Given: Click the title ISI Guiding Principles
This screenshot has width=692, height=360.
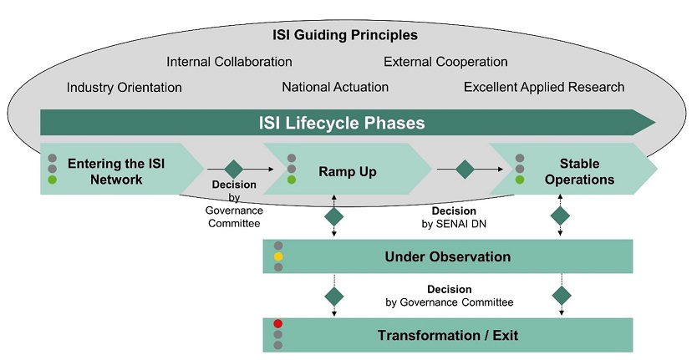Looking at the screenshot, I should (344, 35).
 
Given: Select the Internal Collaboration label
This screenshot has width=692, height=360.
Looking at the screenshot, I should (229, 62).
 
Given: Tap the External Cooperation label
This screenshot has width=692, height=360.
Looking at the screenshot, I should (445, 62).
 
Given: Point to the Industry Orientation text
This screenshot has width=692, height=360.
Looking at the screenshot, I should (124, 87).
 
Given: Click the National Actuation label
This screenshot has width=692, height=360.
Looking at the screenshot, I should (335, 87).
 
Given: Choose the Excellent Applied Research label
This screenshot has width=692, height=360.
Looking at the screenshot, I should (544, 87).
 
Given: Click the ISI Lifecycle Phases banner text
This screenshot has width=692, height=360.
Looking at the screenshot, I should (341, 123).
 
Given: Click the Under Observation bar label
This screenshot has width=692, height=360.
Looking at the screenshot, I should (447, 256).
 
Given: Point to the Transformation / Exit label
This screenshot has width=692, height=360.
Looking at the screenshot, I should (447, 336).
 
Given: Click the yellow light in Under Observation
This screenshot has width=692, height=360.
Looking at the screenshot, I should (278, 256).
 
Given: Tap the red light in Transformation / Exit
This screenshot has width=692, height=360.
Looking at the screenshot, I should (278, 324).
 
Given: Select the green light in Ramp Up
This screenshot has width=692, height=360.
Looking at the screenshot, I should (292, 179).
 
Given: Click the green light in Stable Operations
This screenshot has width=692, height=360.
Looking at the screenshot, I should (520, 179).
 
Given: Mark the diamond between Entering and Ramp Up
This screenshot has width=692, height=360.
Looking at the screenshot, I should (233, 169).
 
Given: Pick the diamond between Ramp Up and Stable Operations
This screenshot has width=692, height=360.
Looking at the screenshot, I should (465, 169).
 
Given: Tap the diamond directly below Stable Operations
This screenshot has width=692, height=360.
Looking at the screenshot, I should (561, 216).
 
